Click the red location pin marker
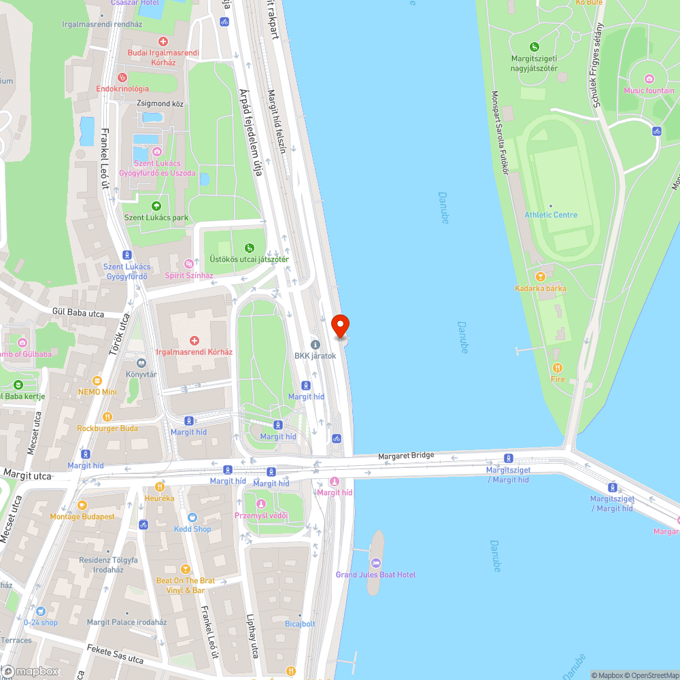pos(339,326)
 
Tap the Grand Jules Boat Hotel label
pos(375,575)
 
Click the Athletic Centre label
pos(551,215)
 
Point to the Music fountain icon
pos(649,79)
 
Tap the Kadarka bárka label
pos(541,288)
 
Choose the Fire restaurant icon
pos(558,368)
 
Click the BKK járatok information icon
pos(315,344)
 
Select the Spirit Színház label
pos(189,275)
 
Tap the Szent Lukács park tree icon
pos(156,206)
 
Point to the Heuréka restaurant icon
pos(160,487)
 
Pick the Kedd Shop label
pos(192,528)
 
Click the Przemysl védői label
pos(261,515)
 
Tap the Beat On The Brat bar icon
pos(185,569)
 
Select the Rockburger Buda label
pos(107,428)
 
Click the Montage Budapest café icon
pos(82,505)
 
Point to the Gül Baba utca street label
pos(78,313)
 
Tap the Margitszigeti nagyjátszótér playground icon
pos(534,47)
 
